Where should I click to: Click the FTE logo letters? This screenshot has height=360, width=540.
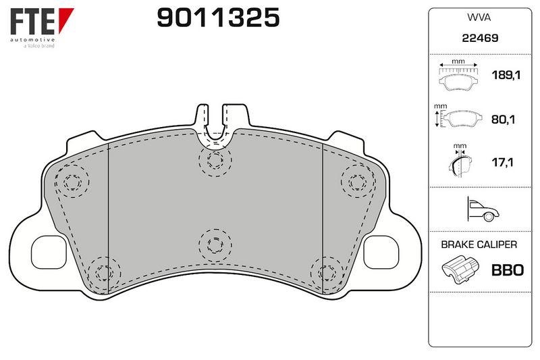coord(32,22)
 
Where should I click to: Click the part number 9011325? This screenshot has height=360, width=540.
coord(218,18)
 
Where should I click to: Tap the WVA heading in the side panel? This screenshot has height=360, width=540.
coord(479,18)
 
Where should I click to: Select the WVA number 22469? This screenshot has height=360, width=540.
coord(480,38)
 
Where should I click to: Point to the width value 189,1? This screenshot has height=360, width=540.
coord(506,75)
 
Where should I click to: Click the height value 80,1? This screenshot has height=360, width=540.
coord(503,120)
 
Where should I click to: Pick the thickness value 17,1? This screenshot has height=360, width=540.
coord(502,162)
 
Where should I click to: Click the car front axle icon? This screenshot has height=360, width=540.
coord(483,209)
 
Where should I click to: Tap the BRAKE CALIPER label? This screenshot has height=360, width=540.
coord(479,245)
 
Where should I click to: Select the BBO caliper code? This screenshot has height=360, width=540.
coord(508,270)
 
